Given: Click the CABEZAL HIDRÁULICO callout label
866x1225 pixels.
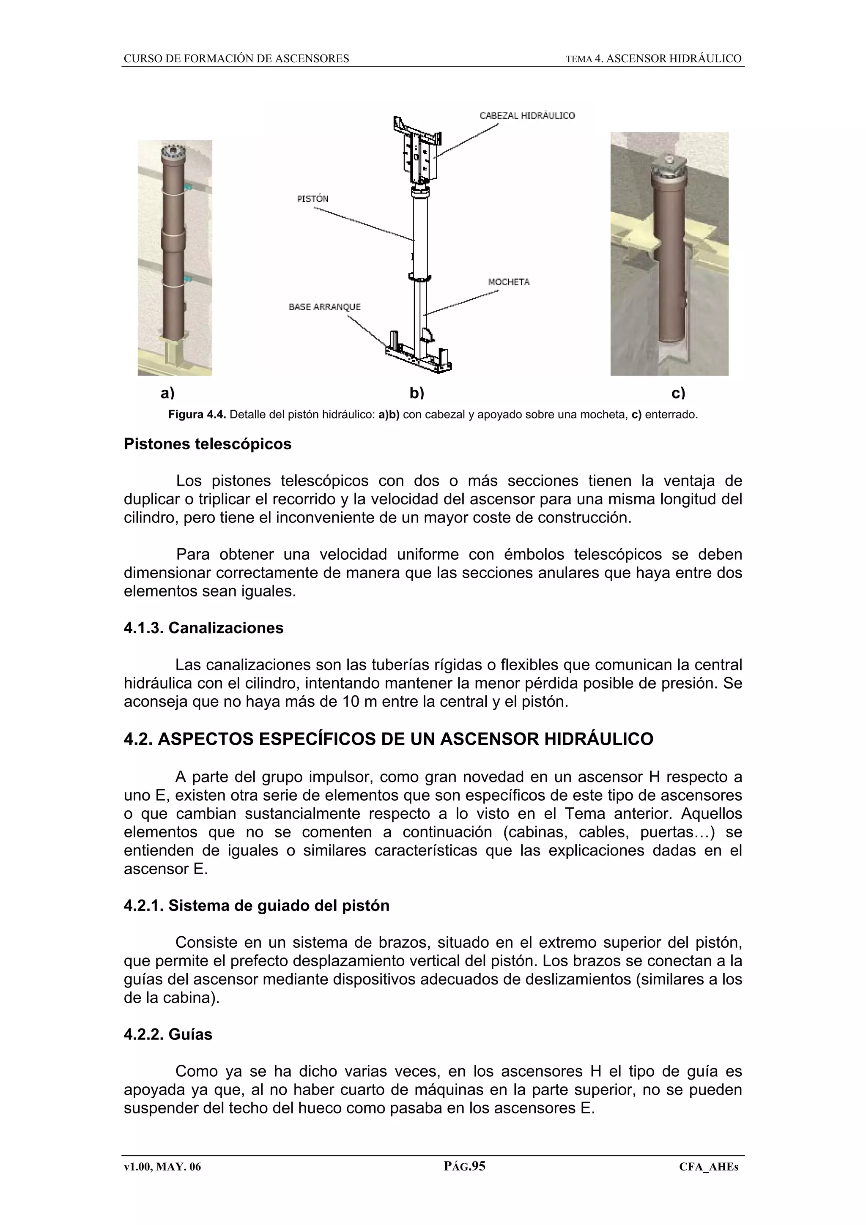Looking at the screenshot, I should point(526,116).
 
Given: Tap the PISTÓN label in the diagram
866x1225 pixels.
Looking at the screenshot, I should point(312,199).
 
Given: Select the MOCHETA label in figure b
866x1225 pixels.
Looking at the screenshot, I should point(509,282).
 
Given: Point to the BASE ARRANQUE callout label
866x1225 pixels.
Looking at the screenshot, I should point(324,307).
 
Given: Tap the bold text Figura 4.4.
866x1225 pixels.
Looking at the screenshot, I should point(197,415).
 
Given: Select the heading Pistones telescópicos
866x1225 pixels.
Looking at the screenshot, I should point(208,444).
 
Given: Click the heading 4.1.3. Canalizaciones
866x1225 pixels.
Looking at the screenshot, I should point(203,628).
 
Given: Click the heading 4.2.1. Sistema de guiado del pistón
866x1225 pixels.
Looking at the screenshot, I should point(256,905).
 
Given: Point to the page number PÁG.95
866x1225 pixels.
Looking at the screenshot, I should point(464,1166).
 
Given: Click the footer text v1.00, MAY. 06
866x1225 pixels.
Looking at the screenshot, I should point(162,1167).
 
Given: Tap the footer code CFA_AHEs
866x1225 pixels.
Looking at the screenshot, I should point(708,1167).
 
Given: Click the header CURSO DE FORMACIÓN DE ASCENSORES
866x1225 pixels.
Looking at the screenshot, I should point(236,59).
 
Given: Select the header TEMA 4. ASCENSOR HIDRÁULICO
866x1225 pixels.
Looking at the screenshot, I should point(653,59).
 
